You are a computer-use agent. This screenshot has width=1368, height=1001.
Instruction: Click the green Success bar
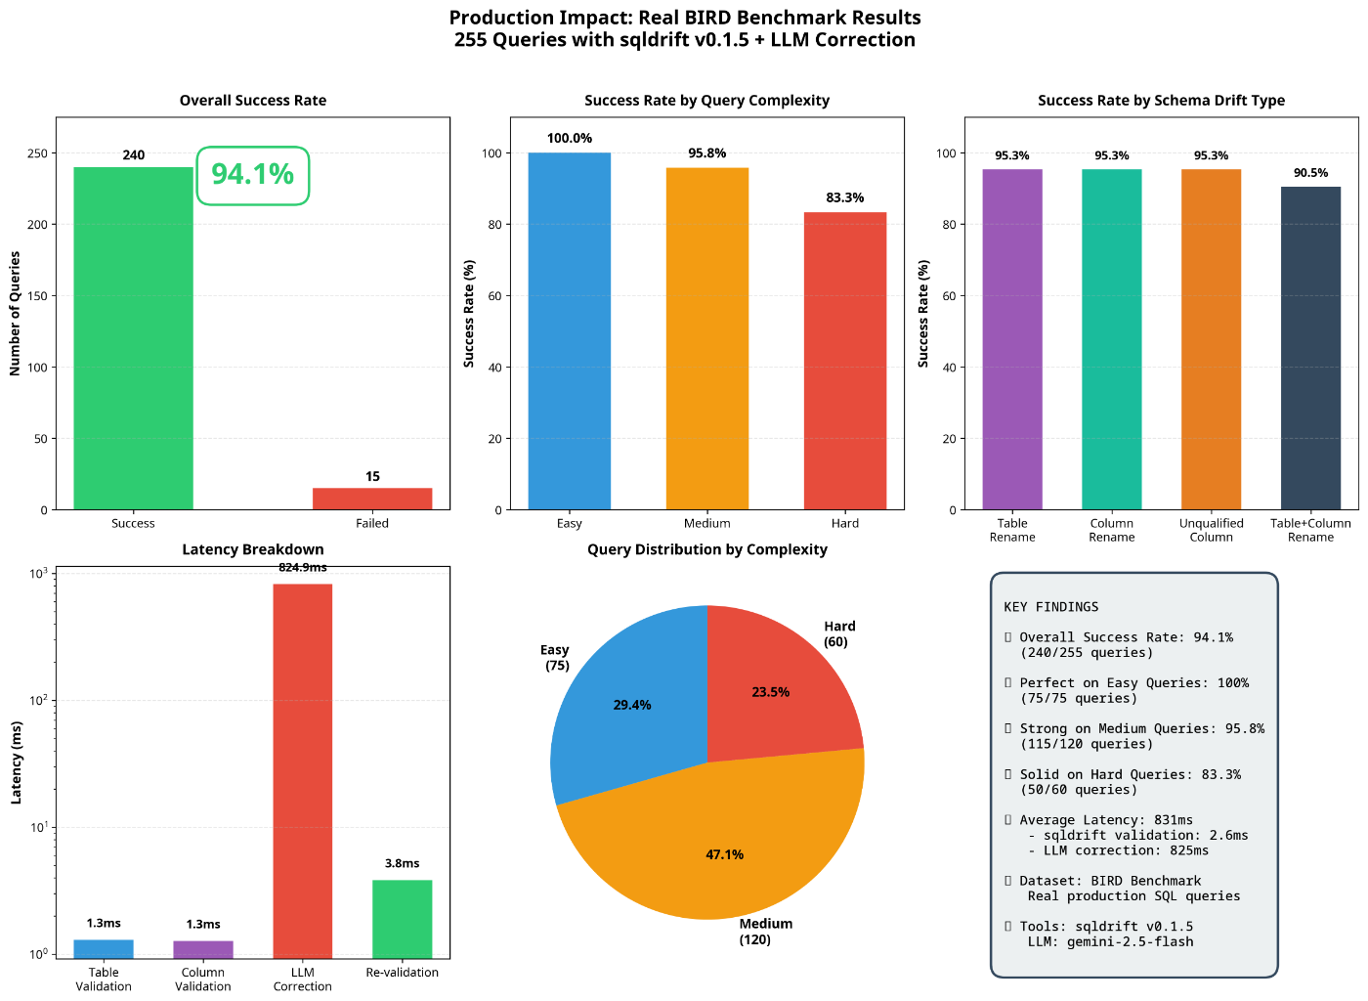(133, 338)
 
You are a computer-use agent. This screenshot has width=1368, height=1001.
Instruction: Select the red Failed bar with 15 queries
(372, 499)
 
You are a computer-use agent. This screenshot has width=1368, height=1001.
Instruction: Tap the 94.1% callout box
(253, 175)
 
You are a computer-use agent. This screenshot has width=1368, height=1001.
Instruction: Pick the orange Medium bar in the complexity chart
(707, 338)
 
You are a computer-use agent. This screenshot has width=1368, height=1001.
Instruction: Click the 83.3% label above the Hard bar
(844, 197)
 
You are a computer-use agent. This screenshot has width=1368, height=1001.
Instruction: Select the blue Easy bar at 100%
(570, 330)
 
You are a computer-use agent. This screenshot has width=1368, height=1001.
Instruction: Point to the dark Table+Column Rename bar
(1310, 348)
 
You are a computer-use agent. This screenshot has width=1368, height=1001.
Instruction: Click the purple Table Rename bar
(1012, 339)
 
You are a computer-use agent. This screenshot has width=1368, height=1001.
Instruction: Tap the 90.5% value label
(1310, 173)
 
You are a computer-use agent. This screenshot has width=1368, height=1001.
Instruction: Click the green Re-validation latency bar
(402, 919)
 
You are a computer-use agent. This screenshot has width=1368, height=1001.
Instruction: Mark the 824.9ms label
(303, 567)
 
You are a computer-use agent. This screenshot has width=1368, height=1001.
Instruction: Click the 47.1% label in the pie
(724, 854)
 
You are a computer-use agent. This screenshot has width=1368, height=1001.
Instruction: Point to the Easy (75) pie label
(555, 658)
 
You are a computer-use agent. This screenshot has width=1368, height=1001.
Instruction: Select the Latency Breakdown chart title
(253, 549)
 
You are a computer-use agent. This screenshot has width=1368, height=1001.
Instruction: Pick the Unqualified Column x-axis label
(1212, 530)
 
